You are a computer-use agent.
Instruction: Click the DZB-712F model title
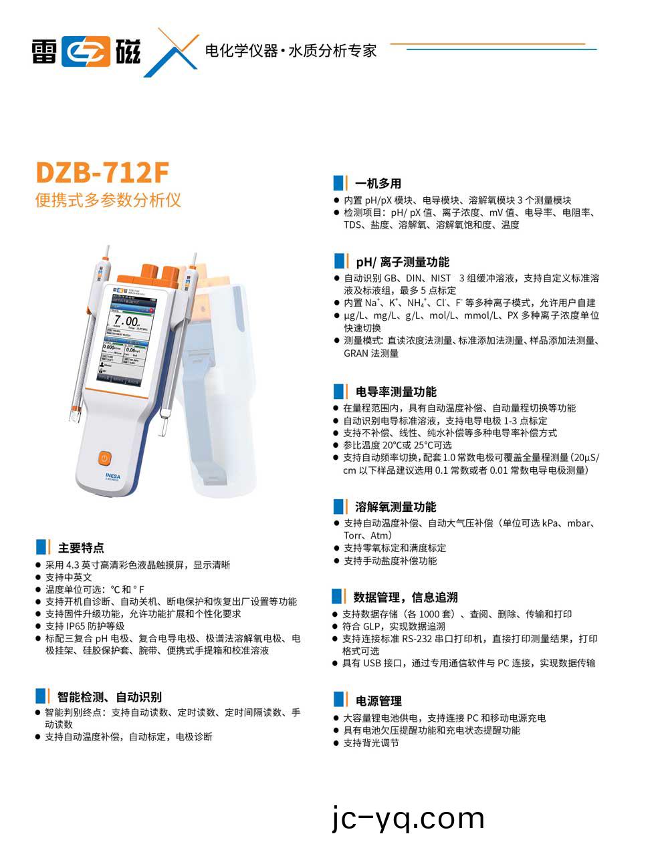102,172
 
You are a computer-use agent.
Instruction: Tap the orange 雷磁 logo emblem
86,51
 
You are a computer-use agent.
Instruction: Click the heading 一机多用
378,183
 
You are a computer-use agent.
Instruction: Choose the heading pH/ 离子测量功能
403,262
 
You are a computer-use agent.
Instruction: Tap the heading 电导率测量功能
396,392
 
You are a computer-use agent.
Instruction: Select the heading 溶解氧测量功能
396,507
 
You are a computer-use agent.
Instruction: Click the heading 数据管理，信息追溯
406,597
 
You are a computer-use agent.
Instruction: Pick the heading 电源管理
378,700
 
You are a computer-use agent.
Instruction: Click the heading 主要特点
81,548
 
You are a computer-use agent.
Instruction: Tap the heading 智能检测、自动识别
109,697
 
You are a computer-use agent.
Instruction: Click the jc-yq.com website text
408,818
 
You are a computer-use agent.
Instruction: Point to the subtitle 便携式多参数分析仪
108,200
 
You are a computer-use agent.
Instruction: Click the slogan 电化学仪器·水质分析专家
290,51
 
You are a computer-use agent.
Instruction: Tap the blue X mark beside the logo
171,52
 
